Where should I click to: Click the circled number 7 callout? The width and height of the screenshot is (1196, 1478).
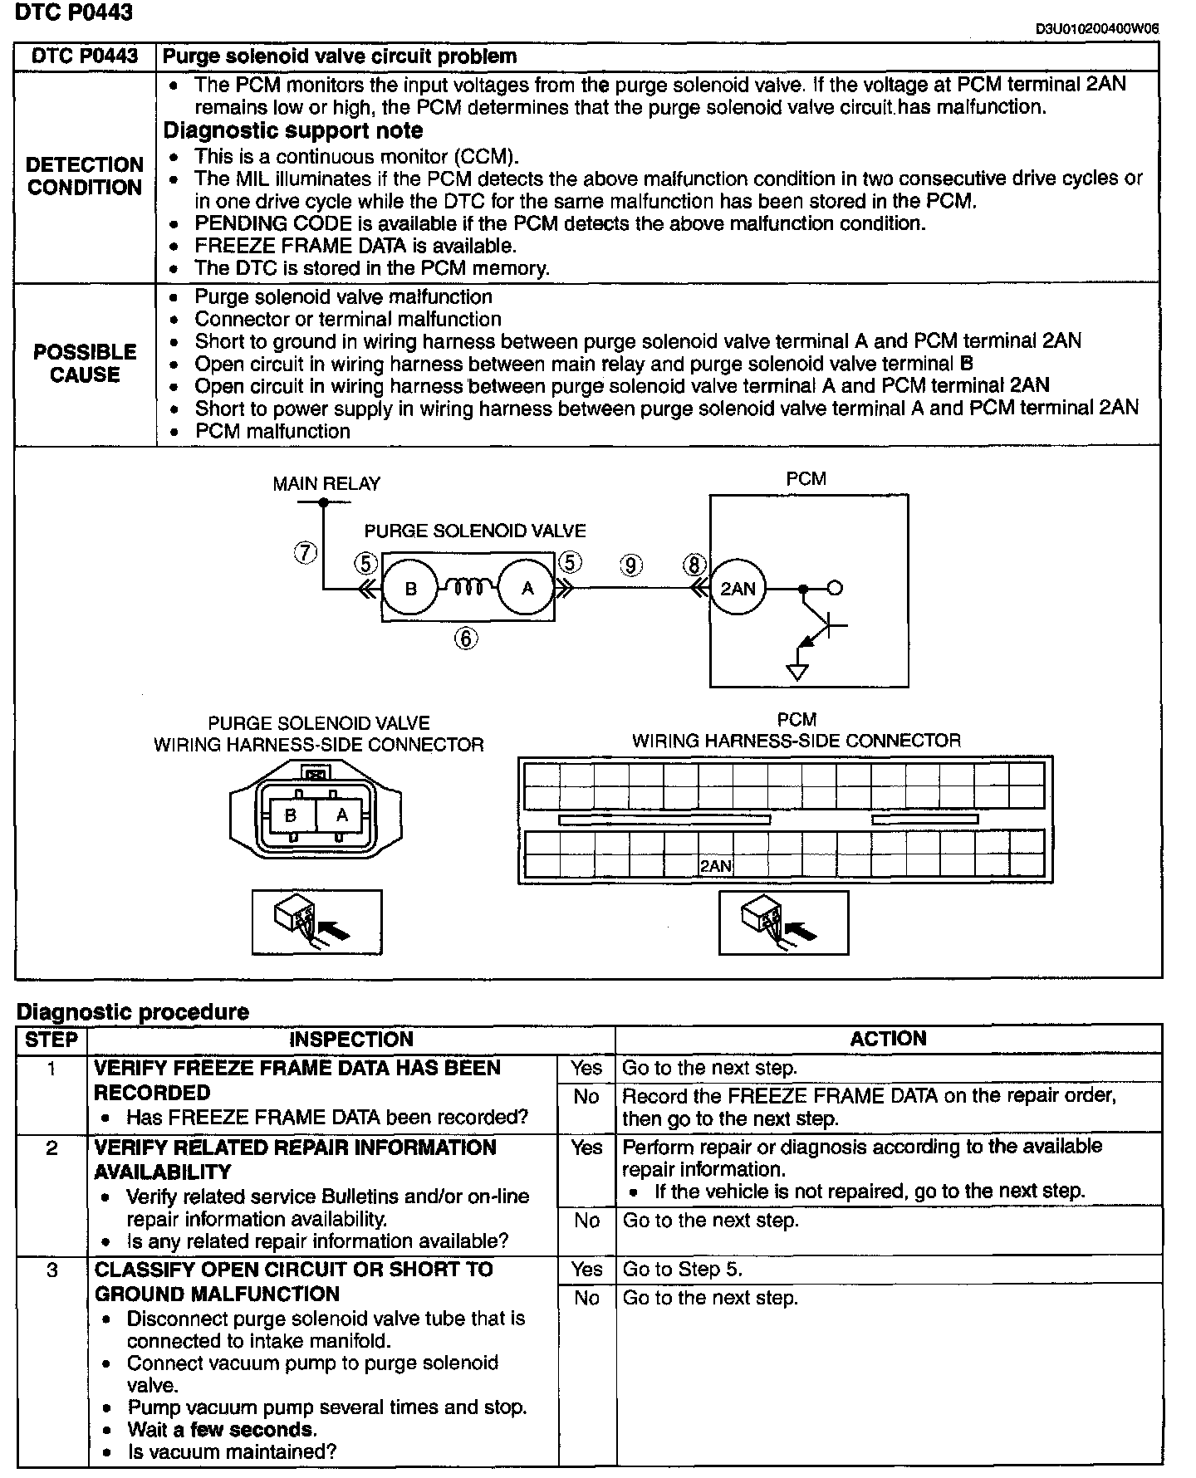pos(306,552)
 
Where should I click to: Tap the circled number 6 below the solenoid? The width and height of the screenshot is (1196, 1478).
pos(466,638)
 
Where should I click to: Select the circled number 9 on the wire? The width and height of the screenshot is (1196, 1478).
pos(631,565)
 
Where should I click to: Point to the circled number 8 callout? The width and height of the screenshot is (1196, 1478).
pos(694,565)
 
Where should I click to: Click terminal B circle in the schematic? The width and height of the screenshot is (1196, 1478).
pos(410,589)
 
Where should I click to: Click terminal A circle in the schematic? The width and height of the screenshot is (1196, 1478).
pos(527,589)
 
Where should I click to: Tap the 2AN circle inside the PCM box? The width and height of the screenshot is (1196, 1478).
pos(738,589)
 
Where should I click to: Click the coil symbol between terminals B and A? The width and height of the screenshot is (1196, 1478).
pos(468,587)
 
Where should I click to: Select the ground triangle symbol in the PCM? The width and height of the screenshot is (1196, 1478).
pos(797,672)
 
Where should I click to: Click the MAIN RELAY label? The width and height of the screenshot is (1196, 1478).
pos(326,483)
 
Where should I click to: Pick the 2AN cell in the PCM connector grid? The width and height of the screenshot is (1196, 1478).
pos(716,866)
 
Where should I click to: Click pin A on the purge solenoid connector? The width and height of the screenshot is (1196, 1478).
pos(341,815)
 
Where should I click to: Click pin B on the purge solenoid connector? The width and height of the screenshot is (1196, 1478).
pos(290,815)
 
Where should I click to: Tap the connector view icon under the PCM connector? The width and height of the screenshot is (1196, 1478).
pos(783,923)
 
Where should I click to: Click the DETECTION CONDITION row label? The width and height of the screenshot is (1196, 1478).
pos(85,176)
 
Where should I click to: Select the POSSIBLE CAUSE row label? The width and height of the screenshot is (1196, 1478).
pos(85,364)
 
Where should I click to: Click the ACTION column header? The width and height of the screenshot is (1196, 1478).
pos(888,1039)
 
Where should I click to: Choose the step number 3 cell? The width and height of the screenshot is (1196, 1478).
pos(51,1270)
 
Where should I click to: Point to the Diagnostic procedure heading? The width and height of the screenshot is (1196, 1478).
pos(133,1011)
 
